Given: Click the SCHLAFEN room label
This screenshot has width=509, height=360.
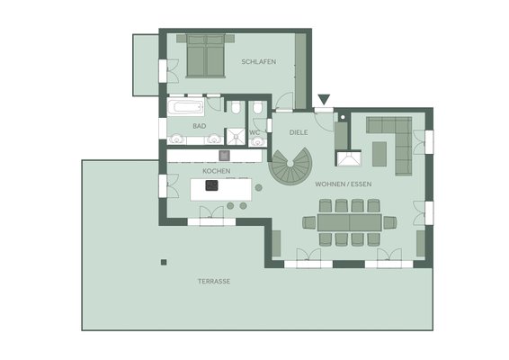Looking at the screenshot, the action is click(x=259, y=62).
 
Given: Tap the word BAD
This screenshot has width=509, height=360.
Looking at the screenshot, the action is click(x=200, y=126).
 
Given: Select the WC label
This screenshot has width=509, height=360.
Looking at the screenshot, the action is click(x=254, y=132).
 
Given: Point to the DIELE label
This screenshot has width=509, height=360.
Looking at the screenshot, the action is click(x=299, y=132).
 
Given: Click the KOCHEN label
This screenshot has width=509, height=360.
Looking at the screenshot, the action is click(x=217, y=171).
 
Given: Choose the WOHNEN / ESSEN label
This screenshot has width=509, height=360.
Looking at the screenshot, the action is click(x=344, y=184).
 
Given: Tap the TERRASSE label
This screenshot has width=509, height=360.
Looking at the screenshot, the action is click(x=214, y=282).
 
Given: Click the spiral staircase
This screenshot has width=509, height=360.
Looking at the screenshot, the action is click(x=290, y=166).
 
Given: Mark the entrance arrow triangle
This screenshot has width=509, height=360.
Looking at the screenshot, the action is click(x=324, y=99).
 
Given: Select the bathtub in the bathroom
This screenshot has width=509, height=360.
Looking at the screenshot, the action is click(x=185, y=107).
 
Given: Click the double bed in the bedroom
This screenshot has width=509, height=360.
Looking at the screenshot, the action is click(x=205, y=56).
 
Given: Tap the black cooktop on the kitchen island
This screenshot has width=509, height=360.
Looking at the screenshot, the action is click(x=211, y=185).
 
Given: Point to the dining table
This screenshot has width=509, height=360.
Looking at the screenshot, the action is click(x=350, y=222).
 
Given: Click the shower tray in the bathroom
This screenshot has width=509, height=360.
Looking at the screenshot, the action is click(x=236, y=137).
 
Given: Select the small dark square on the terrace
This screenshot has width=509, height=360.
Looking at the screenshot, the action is click(x=164, y=262).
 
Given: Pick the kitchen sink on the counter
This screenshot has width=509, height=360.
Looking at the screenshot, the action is click(x=224, y=156).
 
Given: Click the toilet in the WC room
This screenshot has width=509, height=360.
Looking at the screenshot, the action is click(x=258, y=107).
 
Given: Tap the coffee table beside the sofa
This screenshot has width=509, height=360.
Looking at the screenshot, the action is click(x=380, y=154).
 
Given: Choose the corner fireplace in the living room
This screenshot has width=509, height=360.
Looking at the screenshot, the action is click(x=349, y=159).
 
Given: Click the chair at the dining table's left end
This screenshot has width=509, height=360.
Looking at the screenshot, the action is click(x=309, y=222).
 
